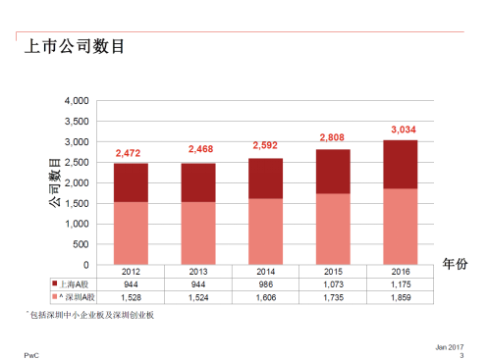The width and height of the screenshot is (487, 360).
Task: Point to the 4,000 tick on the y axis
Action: [76, 101]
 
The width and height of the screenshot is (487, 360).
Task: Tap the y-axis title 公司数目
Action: [55, 183]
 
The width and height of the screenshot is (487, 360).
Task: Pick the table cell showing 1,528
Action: [130, 295]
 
